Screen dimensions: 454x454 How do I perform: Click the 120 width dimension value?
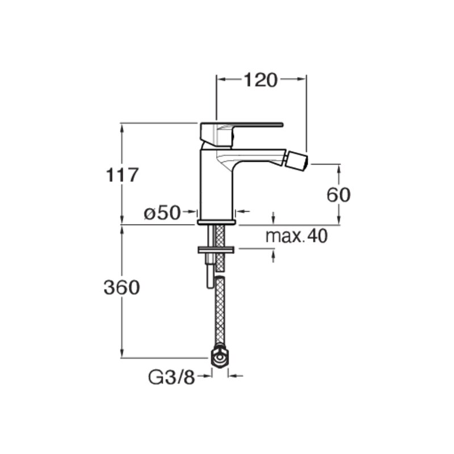[260, 80]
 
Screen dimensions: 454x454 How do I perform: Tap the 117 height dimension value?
[122, 175]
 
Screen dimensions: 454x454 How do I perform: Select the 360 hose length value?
[121, 288]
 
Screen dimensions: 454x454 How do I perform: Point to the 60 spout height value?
[338, 195]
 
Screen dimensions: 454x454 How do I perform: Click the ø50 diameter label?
[162, 213]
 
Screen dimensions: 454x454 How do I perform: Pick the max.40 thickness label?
[296, 236]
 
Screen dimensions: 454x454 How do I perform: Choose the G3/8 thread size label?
[172, 377]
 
